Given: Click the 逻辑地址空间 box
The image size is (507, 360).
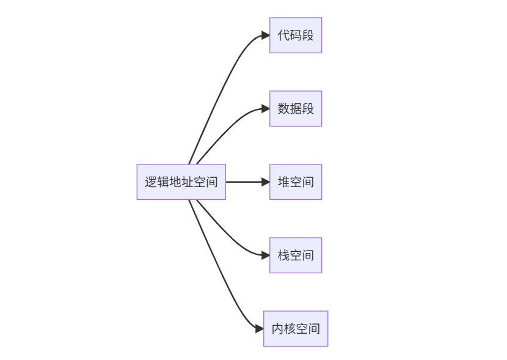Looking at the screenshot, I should pos(181,182).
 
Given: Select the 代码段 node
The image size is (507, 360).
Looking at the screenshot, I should pos(296,35).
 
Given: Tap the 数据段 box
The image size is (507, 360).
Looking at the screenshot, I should pos(296,109).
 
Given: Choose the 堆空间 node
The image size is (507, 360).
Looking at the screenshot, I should pos(296,182).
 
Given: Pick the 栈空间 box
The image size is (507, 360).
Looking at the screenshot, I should pos(296,255).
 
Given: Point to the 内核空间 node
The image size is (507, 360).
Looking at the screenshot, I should pos(296,328).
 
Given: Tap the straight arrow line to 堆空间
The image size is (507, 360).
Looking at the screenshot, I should pos(244,182).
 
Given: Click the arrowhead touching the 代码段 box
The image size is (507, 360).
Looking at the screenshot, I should pos(266,35).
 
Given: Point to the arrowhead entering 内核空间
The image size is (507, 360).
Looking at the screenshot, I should pos(260,328).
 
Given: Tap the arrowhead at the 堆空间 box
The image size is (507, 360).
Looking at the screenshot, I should pos(266,182).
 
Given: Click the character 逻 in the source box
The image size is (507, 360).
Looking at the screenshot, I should pos(151,182).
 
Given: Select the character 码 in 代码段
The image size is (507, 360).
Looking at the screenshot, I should pos(296,35).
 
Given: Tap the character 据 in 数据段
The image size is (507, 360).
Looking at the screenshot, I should pos(296,109).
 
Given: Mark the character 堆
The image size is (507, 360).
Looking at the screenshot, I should pos(284,182).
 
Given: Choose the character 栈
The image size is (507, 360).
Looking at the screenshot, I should pos(284,255).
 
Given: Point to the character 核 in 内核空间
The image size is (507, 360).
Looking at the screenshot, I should pos(290,328).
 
